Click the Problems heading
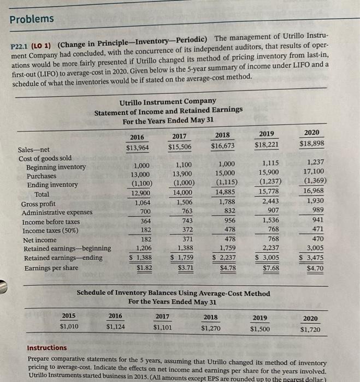coord(32,19)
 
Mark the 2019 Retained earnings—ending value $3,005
coord(268,258)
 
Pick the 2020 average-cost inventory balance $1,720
coord(310,330)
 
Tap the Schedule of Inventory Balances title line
coord(173,294)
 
